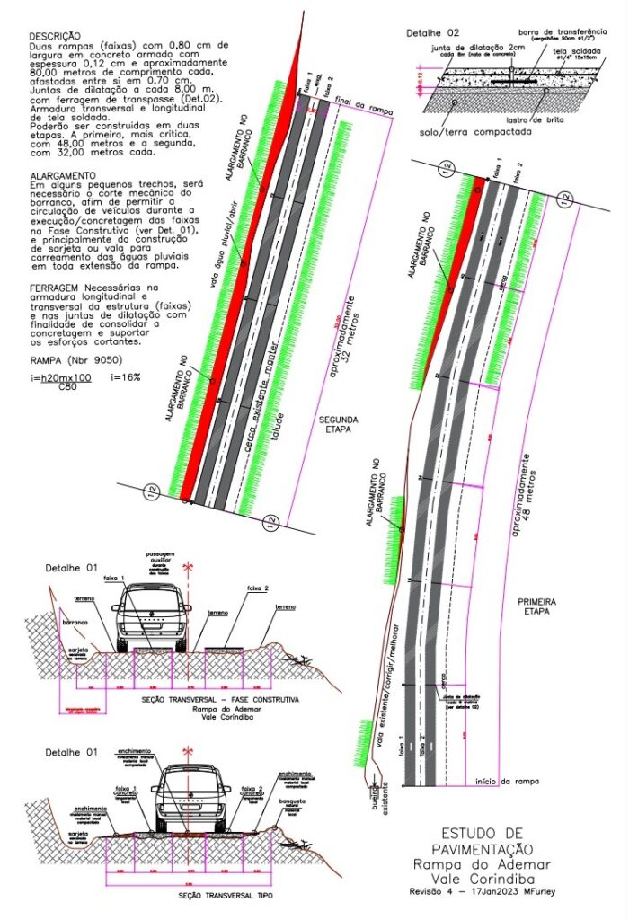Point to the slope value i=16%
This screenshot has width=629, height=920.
125,377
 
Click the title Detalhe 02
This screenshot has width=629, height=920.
433,32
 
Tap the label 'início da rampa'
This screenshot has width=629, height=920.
509,782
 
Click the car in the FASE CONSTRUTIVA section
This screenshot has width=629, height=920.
151,615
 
